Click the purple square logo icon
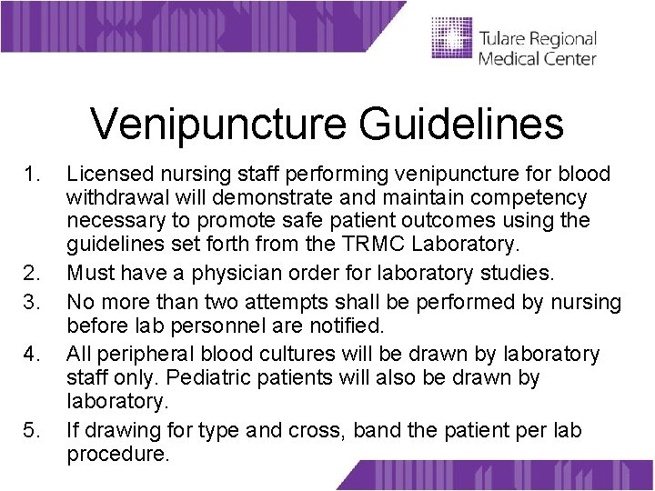(x=451, y=39)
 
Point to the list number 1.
(x=34, y=174)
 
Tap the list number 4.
(x=34, y=354)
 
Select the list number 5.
(x=34, y=430)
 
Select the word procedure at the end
(x=117, y=454)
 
